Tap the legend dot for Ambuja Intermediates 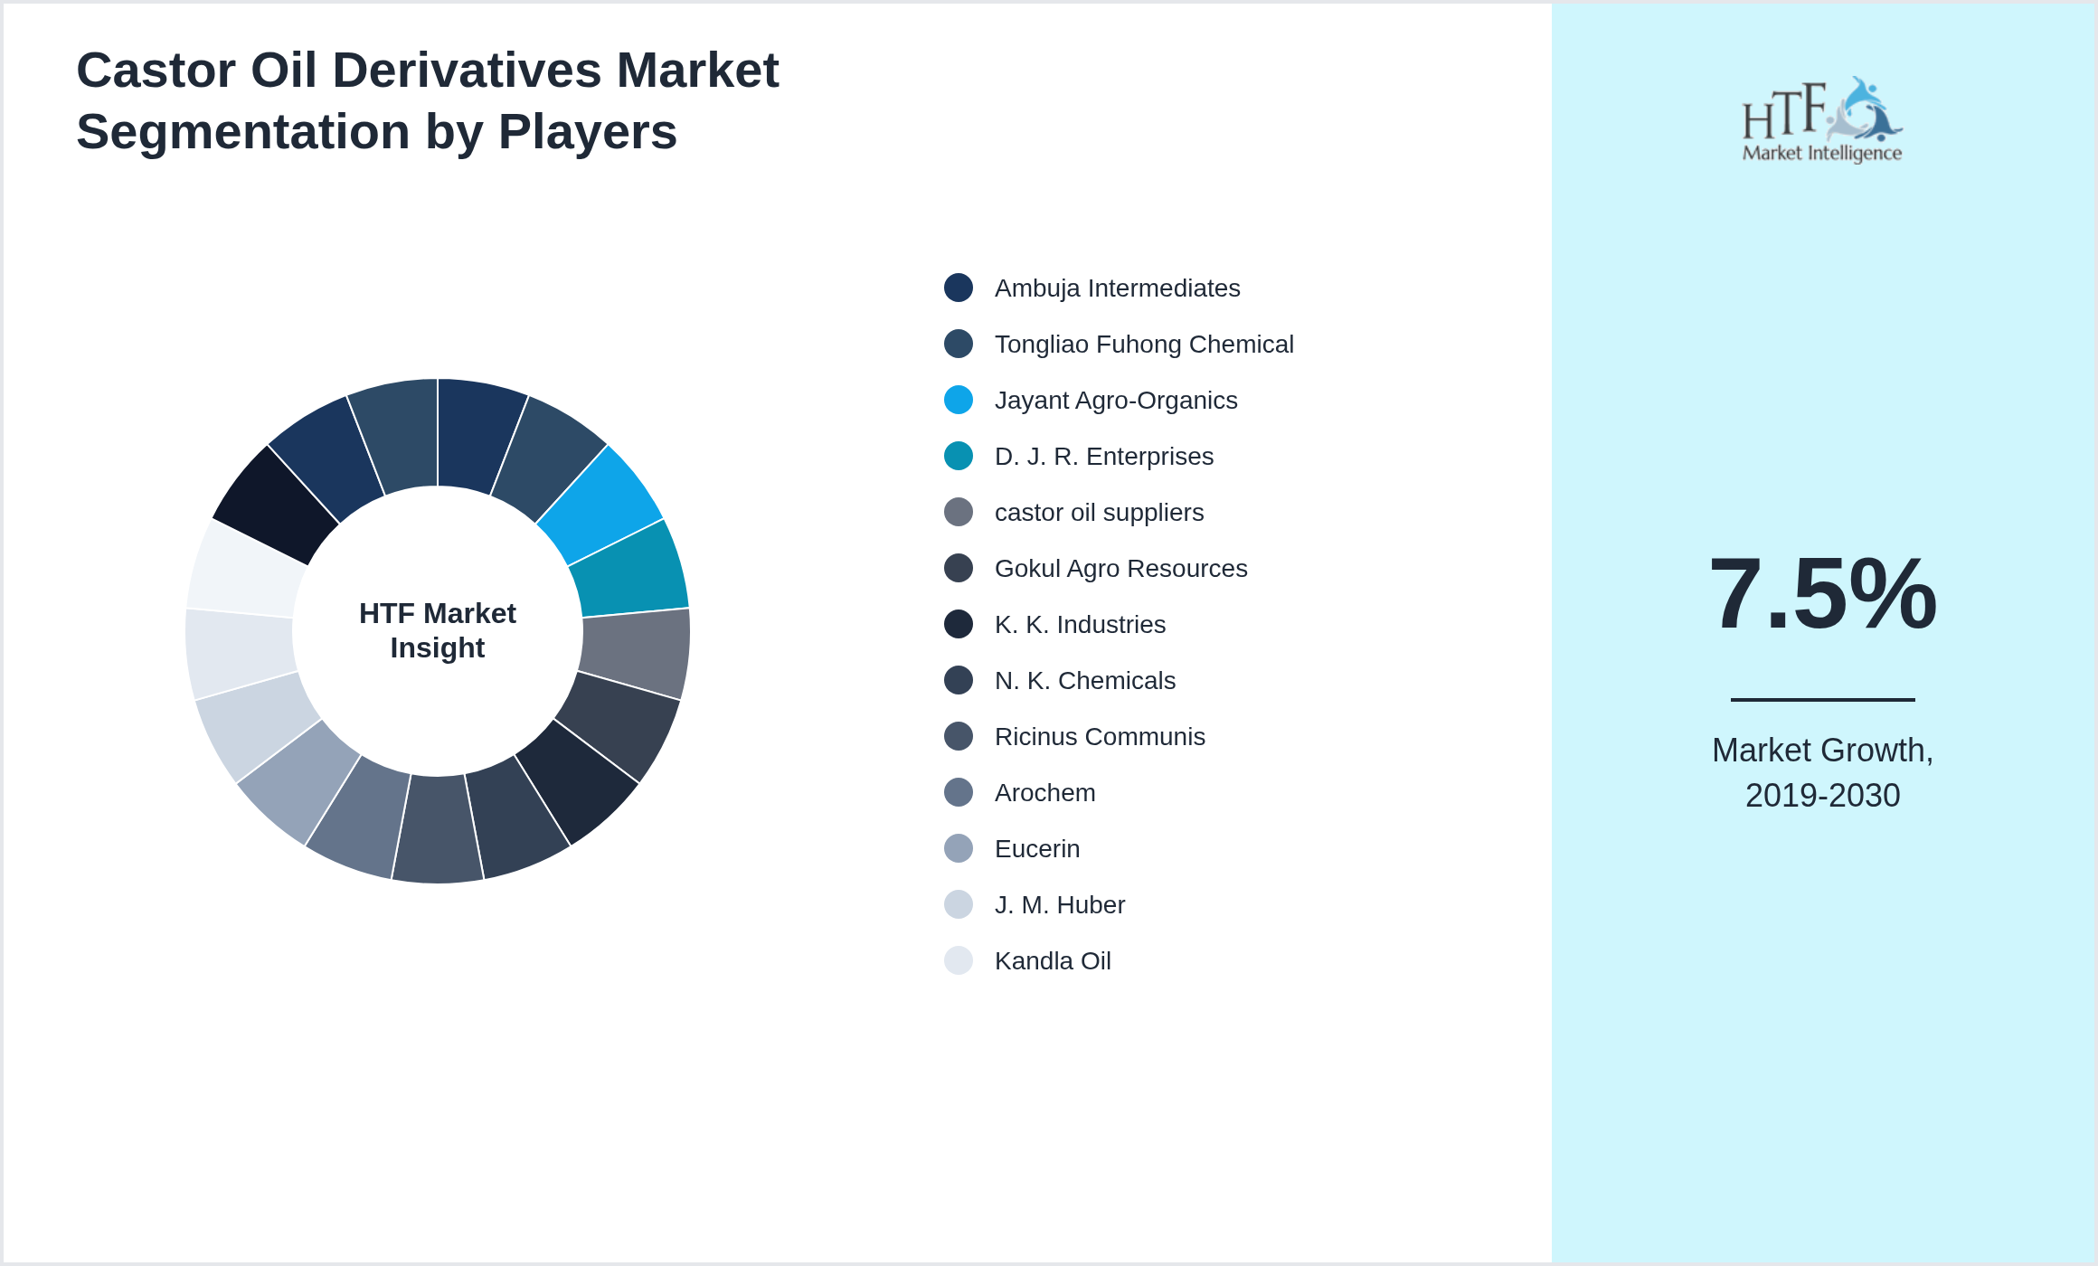point(959,288)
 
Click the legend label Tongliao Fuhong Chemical point(1143,345)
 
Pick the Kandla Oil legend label point(1052,961)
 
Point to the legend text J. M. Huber point(1059,905)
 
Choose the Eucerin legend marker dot point(959,848)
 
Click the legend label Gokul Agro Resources point(1120,569)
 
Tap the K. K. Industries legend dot point(959,624)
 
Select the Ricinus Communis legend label point(1099,737)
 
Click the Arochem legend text point(1044,793)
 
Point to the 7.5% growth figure point(1822,594)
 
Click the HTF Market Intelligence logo point(1822,120)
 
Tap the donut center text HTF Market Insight point(438,630)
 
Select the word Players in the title point(587,132)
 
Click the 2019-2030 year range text point(1822,796)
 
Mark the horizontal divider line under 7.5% point(1822,699)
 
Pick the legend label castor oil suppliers point(1099,513)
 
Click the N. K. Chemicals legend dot point(959,680)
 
